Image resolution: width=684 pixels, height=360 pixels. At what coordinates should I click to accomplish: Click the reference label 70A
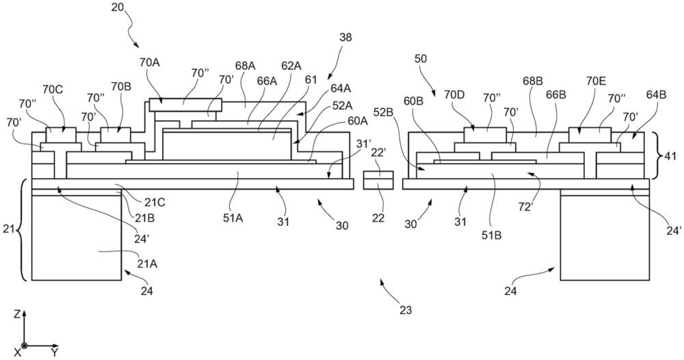coord(150,62)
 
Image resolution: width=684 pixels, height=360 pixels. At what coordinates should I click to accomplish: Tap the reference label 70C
coord(52,89)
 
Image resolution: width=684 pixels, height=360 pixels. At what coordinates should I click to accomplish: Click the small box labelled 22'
coord(378,155)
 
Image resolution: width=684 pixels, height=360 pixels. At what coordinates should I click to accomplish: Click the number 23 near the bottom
coord(406,310)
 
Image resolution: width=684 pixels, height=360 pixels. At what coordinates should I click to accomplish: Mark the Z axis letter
coord(17,314)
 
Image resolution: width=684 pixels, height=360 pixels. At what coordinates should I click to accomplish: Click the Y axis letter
coord(54,352)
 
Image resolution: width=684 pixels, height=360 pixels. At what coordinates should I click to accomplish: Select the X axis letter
coord(18,352)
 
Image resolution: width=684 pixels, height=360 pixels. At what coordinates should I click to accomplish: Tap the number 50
coord(421,59)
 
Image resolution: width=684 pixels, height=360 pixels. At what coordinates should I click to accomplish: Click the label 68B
coord(533,81)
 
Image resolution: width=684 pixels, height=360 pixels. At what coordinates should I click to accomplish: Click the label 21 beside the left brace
coord(8,231)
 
